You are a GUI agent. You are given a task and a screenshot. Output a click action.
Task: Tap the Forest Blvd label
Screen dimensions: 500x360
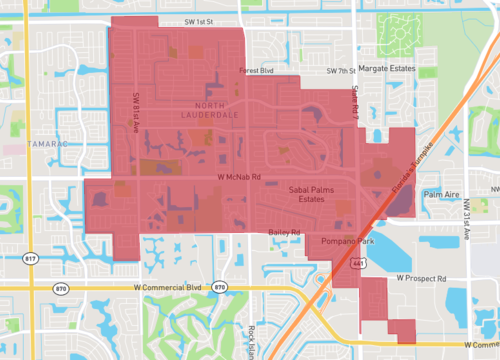pos(255,71)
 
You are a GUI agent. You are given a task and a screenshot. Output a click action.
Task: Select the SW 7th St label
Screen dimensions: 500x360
pos(341,71)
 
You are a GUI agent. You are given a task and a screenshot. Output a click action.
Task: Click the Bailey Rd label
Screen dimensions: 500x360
pos(284,232)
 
